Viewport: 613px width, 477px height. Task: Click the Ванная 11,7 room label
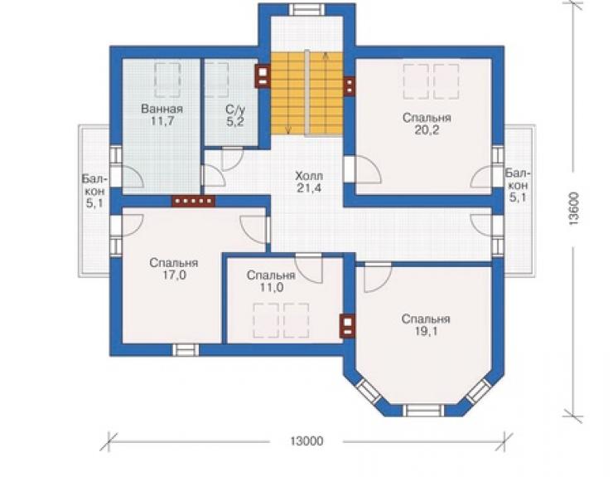tap(162, 114)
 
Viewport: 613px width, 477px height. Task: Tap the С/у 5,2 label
tap(235, 114)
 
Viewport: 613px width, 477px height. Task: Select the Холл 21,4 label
tap(309, 182)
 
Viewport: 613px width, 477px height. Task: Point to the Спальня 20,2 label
tap(427, 124)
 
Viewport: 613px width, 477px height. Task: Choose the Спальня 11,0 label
tap(271, 281)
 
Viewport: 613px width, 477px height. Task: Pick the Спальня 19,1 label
tap(426, 325)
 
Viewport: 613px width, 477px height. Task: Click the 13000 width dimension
tap(306, 441)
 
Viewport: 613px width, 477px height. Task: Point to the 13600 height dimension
tap(573, 209)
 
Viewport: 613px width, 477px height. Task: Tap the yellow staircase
tap(306, 94)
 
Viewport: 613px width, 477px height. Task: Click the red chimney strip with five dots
tap(194, 201)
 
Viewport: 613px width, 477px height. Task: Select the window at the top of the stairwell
tap(306, 9)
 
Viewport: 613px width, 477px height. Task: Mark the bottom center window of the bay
tap(424, 410)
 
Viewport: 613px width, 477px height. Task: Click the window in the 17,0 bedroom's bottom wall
tap(186, 350)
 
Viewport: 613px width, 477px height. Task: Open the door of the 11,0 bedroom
tap(309, 268)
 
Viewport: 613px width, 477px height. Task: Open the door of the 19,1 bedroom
tap(377, 278)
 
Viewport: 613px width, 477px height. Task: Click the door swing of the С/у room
tap(232, 158)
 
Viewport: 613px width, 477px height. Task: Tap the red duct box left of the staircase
tap(263, 75)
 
